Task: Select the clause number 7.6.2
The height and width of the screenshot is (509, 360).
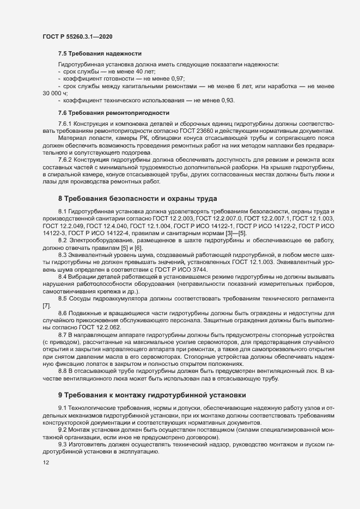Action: coord(65,160)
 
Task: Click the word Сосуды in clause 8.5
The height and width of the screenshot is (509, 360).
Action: coord(80,298)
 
